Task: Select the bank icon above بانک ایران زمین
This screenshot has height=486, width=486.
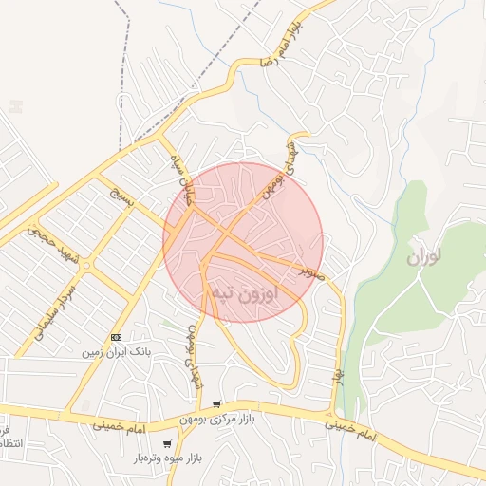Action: (116, 337)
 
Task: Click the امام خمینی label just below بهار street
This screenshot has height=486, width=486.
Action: (352, 432)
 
